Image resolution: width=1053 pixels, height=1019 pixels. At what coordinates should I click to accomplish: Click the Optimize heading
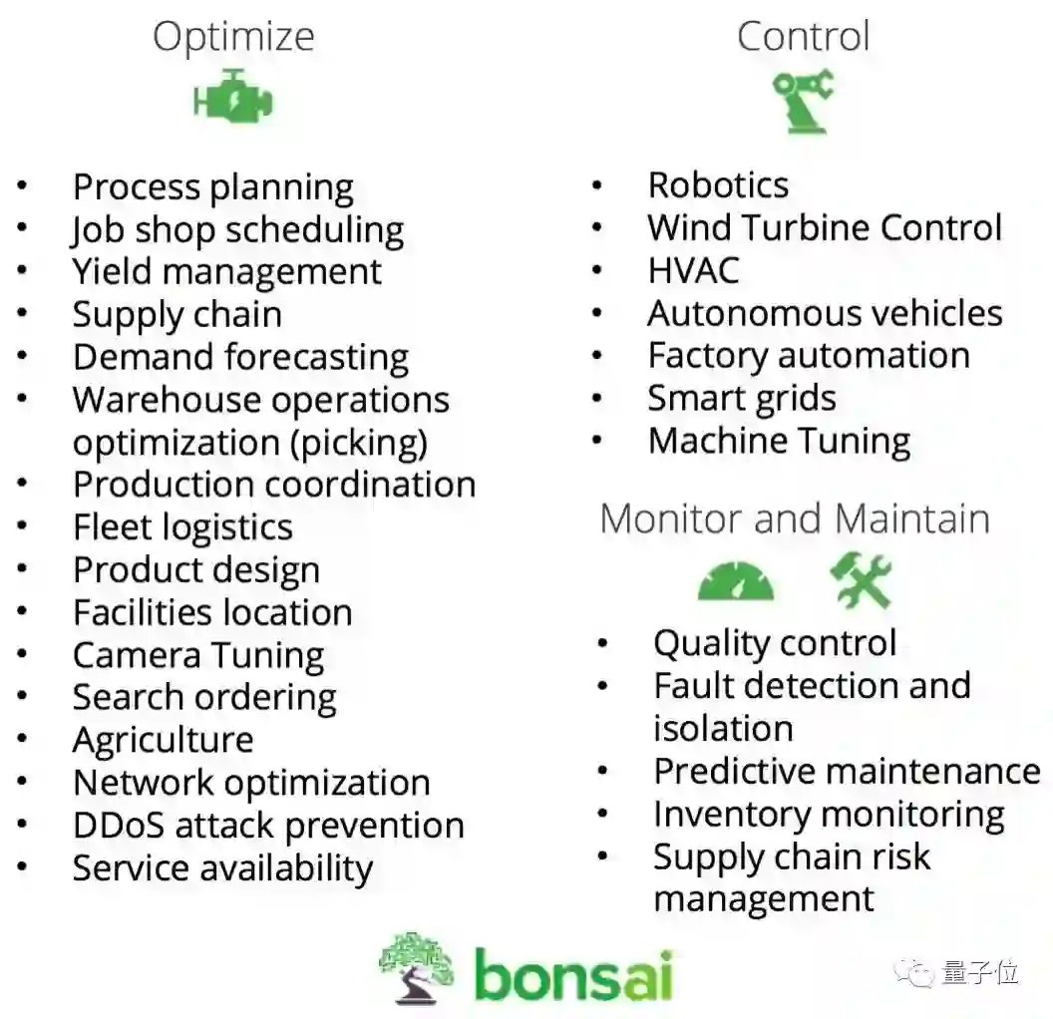tap(233, 38)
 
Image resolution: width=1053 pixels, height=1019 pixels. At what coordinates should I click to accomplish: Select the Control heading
tap(803, 37)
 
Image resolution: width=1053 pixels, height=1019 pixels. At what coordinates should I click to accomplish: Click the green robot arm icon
tap(803, 100)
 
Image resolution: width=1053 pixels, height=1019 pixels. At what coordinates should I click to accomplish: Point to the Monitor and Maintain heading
tap(795, 519)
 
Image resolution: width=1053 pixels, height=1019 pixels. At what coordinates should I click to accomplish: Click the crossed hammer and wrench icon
tap(862, 581)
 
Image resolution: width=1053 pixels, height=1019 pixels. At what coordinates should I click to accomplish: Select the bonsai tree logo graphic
tap(417, 965)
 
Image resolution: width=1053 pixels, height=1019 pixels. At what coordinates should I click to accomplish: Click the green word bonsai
tap(572, 974)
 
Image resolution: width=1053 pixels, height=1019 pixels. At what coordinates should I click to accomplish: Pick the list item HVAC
tap(693, 271)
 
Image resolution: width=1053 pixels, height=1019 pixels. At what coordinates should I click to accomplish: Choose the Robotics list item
tap(718, 185)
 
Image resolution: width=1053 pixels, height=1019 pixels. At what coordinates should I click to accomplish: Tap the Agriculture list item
tap(163, 741)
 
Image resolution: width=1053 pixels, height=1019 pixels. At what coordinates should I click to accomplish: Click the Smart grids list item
tap(741, 399)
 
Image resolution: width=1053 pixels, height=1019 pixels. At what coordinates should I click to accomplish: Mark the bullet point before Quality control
tap(602, 644)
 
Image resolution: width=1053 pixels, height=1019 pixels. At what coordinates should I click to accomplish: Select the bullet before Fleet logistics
tap(23, 527)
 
